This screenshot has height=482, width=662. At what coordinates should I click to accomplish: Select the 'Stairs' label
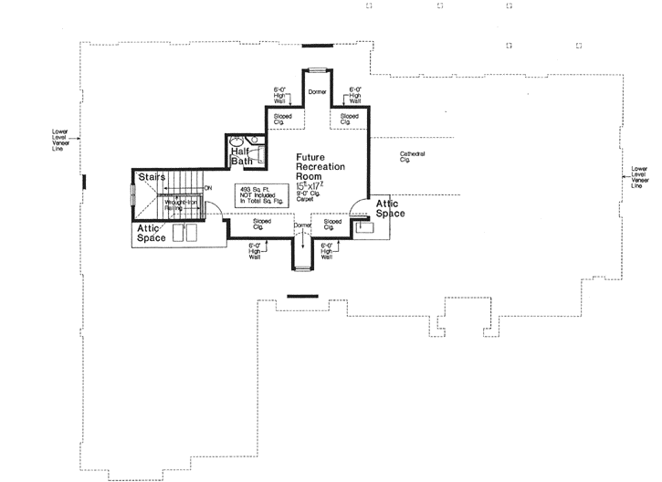click(x=152, y=176)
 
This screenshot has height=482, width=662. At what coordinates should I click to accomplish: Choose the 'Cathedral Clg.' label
click(x=411, y=155)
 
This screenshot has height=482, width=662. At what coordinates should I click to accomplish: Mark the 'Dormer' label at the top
click(x=317, y=93)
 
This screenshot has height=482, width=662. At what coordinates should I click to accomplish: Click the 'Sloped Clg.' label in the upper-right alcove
click(x=350, y=119)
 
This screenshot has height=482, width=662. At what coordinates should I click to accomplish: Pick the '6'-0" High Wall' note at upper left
click(x=279, y=93)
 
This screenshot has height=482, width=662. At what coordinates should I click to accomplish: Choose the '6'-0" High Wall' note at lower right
click(x=330, y=251)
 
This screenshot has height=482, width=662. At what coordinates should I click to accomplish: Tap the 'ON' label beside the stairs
click(x=208, y=188)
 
